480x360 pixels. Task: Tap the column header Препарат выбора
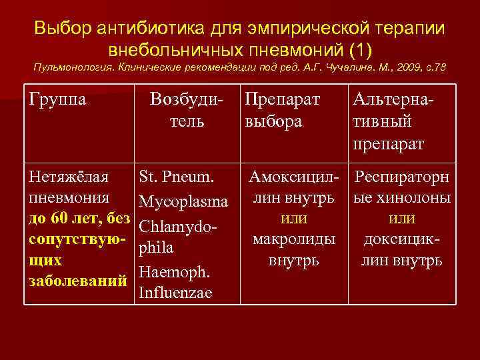coord(282,111)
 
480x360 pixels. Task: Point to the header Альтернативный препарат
coord(392,122)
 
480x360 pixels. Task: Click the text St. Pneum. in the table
coord(176,179)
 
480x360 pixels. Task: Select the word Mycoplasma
coord(183,201)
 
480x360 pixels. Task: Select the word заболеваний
coord(77,281)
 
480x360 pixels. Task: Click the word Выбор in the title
coord(61,29)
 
